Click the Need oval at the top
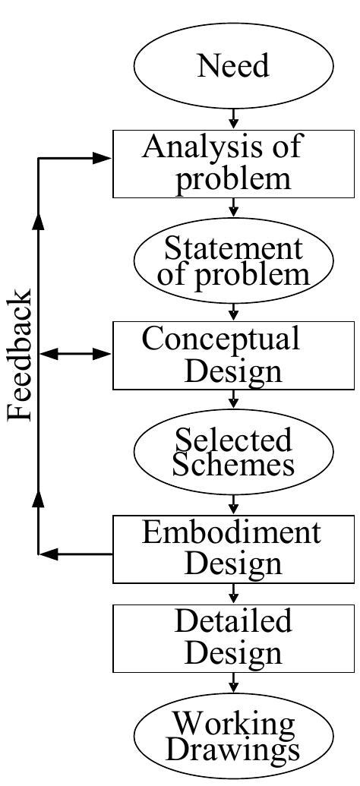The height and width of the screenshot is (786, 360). click(x=233, y=67)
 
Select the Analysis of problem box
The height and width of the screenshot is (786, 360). click(x=233, y=164)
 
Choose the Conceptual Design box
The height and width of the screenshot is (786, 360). click(x=233, y=355)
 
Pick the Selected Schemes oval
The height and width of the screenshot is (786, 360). click(x=233, y=452)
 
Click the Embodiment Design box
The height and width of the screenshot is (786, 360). click(x=233, y=548)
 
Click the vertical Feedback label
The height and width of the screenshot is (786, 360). click(x=21, y=355)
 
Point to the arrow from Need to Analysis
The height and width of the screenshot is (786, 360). click(x=233, y=117)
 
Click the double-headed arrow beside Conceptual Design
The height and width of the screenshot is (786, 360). click(x=76, y=354)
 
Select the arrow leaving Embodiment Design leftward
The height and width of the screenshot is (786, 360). click(x=76, y=554)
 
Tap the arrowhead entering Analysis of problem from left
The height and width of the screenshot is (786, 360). click(x=102, y=158)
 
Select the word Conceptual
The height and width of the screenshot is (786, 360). click(x=221, y=339)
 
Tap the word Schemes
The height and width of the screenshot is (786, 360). click(x=233, y=465)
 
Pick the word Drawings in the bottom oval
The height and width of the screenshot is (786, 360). click(x=233, y=750)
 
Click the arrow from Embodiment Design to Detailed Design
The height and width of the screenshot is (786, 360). click(x=233, y=592)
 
